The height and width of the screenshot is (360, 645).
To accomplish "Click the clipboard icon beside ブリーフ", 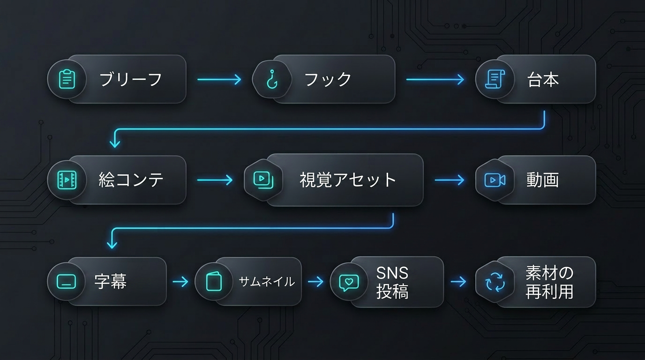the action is [x=67, y=79].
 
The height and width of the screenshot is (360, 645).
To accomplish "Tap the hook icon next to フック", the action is [x=272, y=79].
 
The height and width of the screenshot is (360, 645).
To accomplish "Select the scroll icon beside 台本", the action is [x=495, y=79].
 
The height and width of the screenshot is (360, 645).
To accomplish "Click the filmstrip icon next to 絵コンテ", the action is [x=67, y=180].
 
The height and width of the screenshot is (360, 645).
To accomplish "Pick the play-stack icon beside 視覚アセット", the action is [x=263, y=180].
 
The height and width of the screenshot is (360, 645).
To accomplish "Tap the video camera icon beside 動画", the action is [x=495, y=180].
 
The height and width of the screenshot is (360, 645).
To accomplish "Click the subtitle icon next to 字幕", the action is [x=66, y=281].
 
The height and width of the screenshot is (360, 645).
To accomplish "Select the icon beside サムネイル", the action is [x=214, y=281].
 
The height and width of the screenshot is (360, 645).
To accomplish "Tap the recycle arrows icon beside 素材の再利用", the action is [x=495, y=282].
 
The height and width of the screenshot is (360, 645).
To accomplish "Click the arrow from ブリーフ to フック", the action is [x=219, y=79].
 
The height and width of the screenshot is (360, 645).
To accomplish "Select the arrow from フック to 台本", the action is [x=435, y=79].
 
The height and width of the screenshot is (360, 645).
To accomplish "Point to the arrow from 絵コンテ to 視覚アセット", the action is [x=215, y=180].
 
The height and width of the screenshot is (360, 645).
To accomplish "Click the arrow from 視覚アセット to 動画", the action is [x=450, y=180].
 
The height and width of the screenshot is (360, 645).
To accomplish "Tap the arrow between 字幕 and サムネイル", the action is [x=180, y=281].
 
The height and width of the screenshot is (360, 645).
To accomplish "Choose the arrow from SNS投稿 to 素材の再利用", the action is [x=458, y=281].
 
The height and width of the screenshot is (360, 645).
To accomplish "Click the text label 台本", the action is [x=543, y=80].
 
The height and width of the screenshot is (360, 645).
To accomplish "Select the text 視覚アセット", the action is [x=348, y=180].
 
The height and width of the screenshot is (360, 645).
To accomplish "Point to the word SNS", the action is [x=392, y=273].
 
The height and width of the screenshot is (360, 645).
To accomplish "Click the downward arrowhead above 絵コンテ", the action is [x=115, y=143].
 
